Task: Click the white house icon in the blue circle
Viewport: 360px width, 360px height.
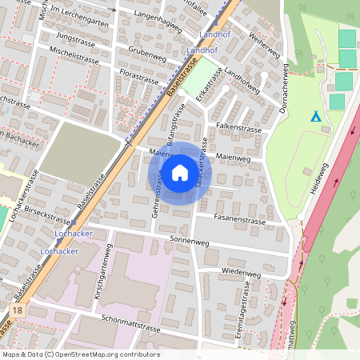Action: coord(180,173)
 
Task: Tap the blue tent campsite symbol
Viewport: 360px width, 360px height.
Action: coord(316,117)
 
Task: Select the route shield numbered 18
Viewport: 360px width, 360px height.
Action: coord(18,309)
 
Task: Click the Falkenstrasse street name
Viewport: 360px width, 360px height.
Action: coord(239,128)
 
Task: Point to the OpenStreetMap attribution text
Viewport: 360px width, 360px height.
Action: coord(80,354)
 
